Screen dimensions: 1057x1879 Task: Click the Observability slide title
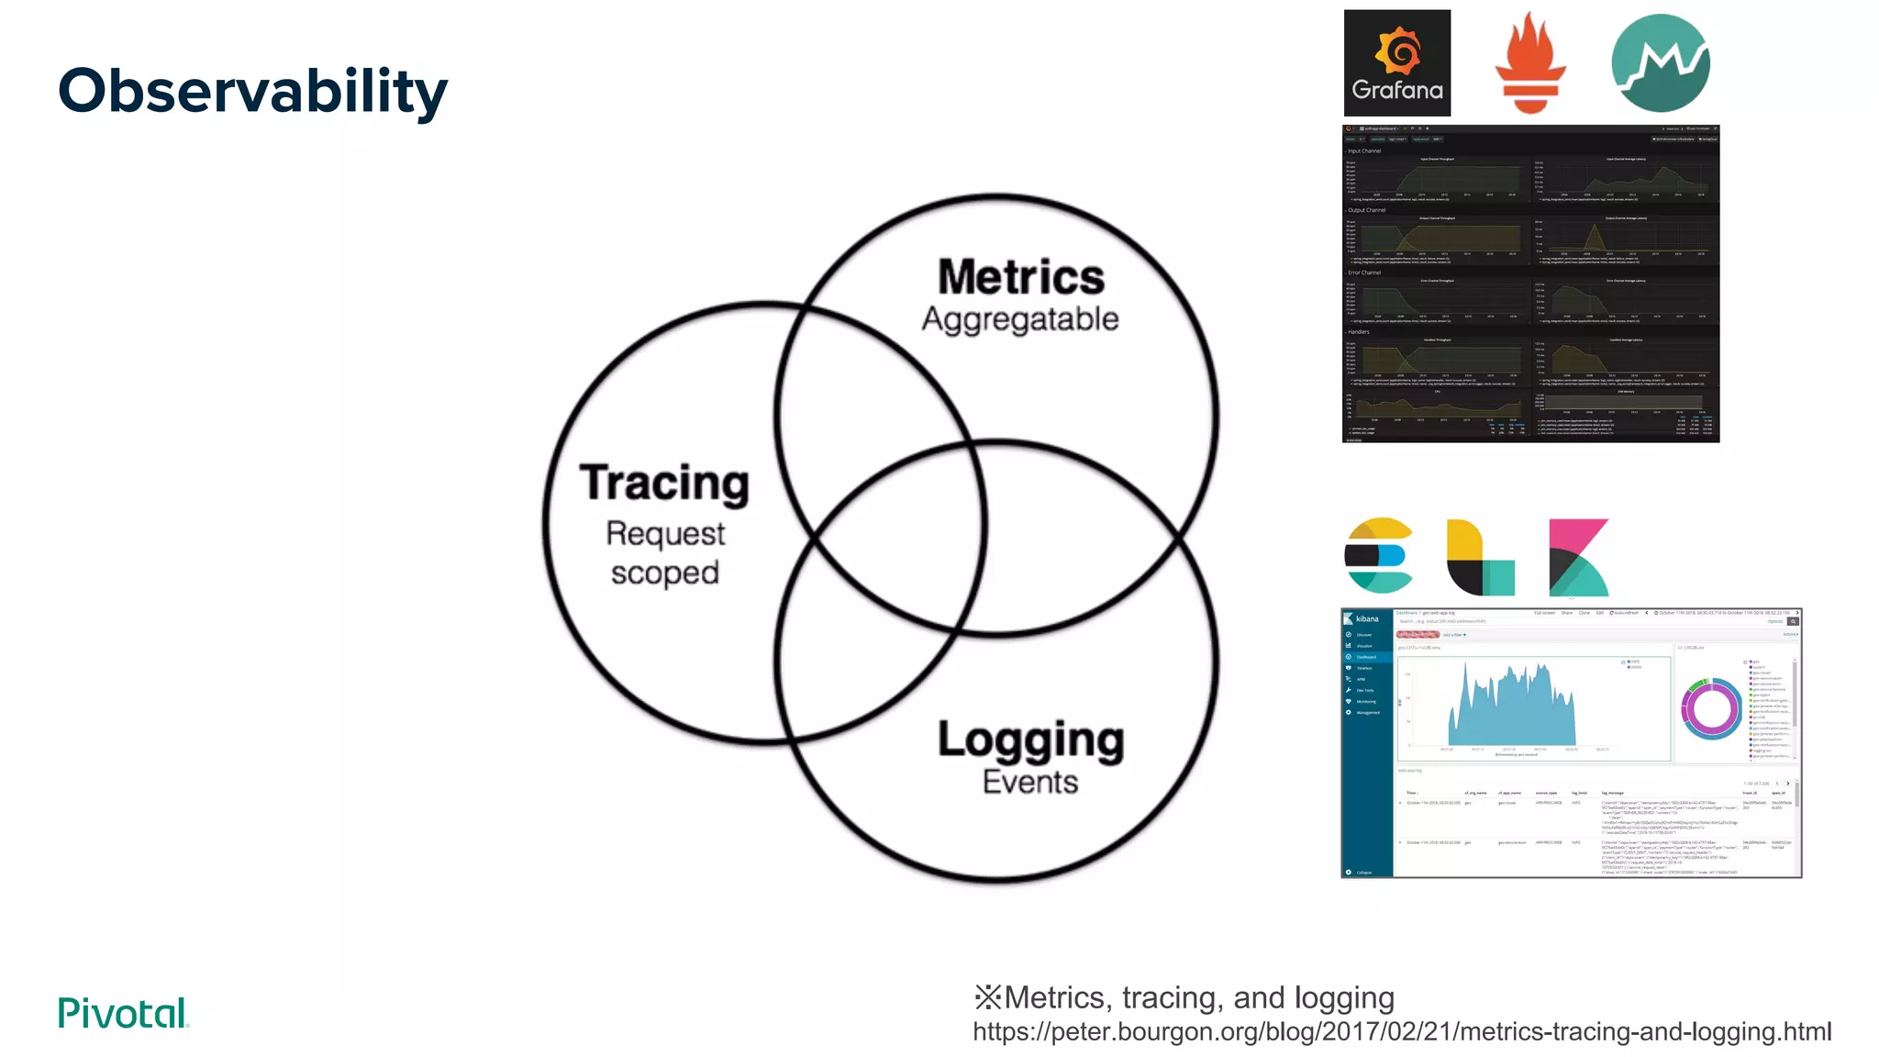(x=252, y=91)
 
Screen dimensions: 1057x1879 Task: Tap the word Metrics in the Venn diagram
(x=1020, y=277)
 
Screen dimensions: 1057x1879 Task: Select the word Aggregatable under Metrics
(x=1020, y=319)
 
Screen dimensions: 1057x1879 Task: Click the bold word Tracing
(x=664, y=483)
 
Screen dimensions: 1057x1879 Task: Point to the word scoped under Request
(x=664, y=573)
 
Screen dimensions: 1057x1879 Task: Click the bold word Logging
(x=1030, y=740)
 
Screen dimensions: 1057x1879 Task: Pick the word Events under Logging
(x=1030, y=782)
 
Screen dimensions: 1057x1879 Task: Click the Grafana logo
(x=1396, y=63)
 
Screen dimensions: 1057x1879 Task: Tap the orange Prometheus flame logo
(x=1530, y=63)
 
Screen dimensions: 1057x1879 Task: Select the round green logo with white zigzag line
(x=1660, y=63)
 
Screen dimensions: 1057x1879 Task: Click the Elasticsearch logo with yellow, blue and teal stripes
(x=1378, y=556)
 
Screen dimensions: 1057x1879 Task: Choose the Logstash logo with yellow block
(x=1479, y=557)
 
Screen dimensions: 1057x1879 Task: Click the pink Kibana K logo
(x=1578, y=557)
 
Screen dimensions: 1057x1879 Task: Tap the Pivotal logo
(x=123, y=1013)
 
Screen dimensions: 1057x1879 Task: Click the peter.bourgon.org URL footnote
(x=1401, y=1032)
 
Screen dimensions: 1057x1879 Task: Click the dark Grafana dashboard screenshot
(x=1530, y=284)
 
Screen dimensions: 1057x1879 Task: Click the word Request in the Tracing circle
(x=665, y=534)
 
